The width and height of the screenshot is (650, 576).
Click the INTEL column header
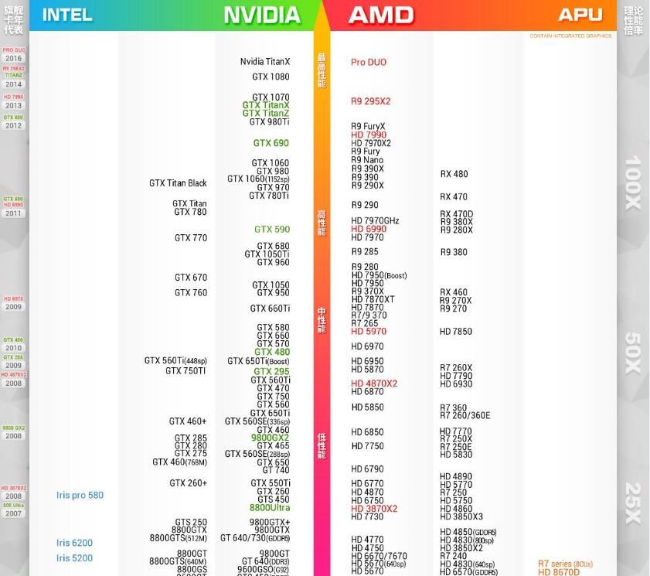pos(67,15)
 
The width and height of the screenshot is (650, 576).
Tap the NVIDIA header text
pos(262,15)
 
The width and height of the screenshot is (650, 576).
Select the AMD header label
pos(381,15)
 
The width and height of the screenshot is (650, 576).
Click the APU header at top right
pos(580,15)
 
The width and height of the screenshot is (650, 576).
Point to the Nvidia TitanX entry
pos(265,62)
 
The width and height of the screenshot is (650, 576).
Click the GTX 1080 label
pos(271,77)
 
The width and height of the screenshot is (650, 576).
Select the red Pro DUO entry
pos(369,62)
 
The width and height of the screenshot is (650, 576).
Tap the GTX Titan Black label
pos(178,183)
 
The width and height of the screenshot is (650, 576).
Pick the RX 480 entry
pos(454,174)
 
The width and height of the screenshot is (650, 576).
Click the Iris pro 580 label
pos(80,495)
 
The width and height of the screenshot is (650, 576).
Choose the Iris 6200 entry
pos(74,543)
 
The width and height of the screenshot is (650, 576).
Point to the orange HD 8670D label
pos(559,572)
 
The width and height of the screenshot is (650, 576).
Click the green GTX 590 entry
pos(272,230)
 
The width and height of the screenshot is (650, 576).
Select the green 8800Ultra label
pos(270,508)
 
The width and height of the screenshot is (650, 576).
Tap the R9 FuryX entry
pos(368,126)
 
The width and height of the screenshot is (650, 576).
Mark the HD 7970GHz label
pos(375,221)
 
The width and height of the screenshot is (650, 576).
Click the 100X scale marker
pos(633,182)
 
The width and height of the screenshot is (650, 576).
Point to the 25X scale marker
pos(633,503)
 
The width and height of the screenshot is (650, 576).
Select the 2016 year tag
pos(14,59)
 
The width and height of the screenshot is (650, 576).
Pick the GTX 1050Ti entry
pos(267,254)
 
